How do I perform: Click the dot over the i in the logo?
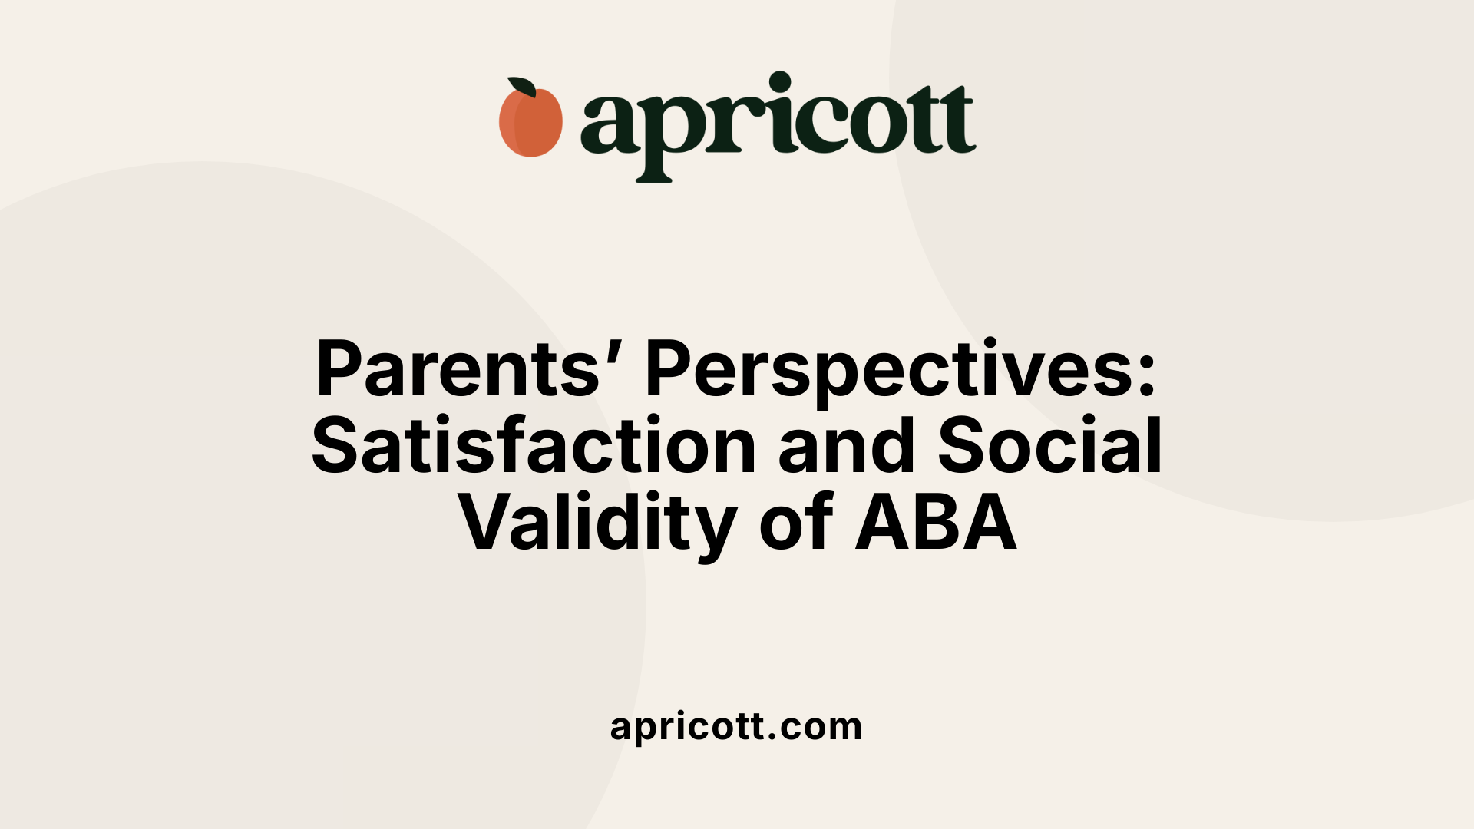click(x=780, y=81)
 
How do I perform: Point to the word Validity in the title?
click(x=597, y=524)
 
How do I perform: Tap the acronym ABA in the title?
click(x=936, y=524)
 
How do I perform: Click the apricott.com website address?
click(x=736, y=727)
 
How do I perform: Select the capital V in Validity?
click(x=488, y=524)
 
